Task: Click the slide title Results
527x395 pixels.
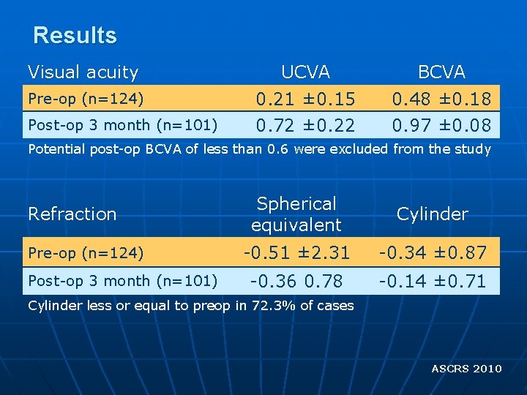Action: (x=75, y=35)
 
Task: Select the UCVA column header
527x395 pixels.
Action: (x=305, y=72)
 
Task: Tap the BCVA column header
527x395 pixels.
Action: (x=441, y=72)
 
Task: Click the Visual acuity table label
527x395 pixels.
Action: (x=83, y=72)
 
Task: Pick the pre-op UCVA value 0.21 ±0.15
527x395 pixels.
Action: (x=305, y=98)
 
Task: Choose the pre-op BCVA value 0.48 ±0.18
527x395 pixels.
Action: (x=441, y=98)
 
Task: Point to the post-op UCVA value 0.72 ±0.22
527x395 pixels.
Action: (x=305, y=125)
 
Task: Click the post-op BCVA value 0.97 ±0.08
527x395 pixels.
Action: (x=441, y=125)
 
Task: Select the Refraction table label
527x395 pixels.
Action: (x=72, y=214)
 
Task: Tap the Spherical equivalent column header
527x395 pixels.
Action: (x=296, y=214)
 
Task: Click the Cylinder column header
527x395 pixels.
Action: (x=432, y=214)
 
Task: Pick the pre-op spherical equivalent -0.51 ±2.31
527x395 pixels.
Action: (x=296, y=252)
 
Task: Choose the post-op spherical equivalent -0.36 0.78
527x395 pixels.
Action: (x=296, y=281)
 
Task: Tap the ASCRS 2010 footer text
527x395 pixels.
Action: (x=466, y=368)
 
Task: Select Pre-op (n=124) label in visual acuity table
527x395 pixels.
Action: (x=86, y=98)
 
